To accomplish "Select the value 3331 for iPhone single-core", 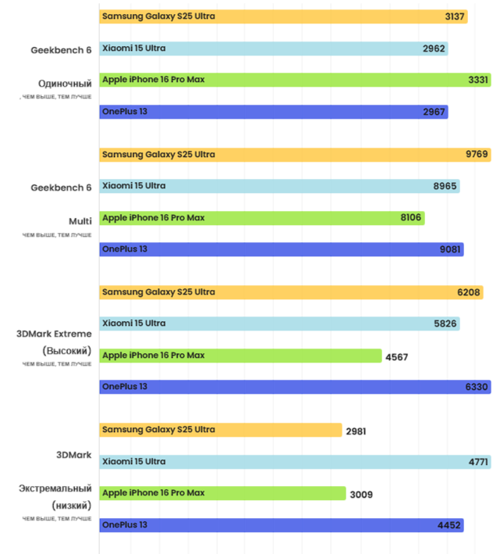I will click(x=478, y=80).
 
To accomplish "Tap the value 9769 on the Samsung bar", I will click(x=477, y=155).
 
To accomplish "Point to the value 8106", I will click(x=410, y=218).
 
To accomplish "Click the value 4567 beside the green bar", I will click(x=396, y=357).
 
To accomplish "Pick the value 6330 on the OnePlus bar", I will click(x=477, y=387).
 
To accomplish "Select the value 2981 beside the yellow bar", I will click(x=356, y=431).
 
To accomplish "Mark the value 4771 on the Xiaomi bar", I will click(x=478, y=463).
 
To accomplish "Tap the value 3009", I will click(x=360, y=494).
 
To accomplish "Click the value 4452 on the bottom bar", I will click(x=449, y=526).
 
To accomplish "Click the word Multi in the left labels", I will click(x=80, y=221).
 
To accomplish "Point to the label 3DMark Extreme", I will click(x=55, y=334).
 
